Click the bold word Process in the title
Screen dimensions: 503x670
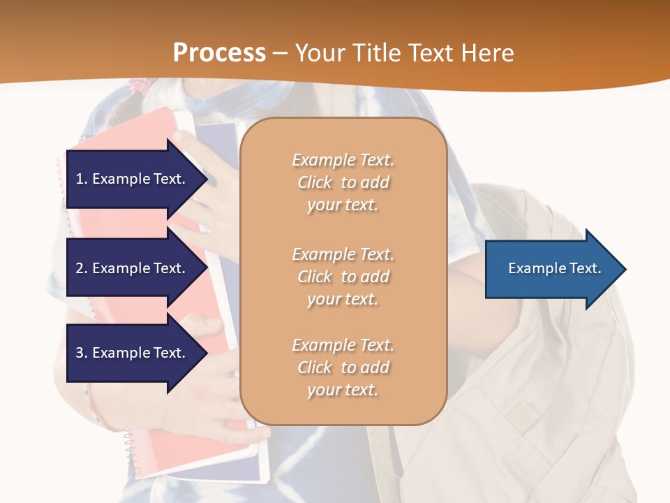click(219, 53)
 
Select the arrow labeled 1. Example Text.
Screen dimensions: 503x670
click(133, 179)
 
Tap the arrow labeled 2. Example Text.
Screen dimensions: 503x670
click(133, 268)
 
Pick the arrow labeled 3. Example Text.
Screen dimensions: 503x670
click(133, 353)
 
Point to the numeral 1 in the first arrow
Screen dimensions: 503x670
click(80, 179)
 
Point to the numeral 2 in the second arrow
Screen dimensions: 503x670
click(80, 268)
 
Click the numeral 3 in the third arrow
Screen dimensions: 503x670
click(80, 353)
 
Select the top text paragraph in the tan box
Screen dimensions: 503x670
click(343, 182)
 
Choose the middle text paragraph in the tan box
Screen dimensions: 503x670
click(343, 277)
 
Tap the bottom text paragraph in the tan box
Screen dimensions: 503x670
click(343, 367)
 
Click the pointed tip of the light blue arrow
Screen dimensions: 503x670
click(625, 269)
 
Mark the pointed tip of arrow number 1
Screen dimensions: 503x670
click(206, 179)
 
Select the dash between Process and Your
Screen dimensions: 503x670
click(280, 53)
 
